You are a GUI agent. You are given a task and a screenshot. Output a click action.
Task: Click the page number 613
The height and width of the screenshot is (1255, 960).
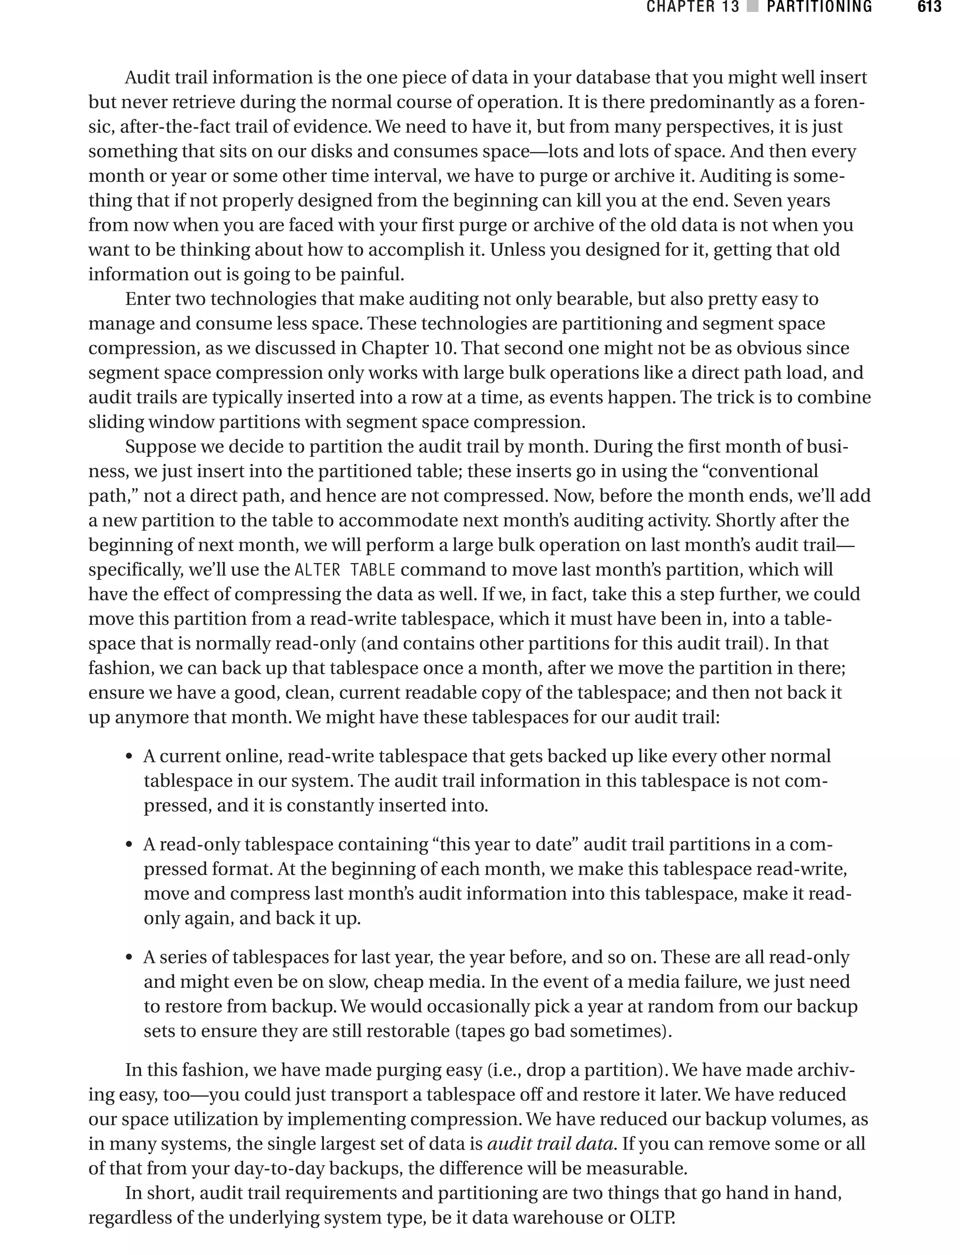tap(929, 7)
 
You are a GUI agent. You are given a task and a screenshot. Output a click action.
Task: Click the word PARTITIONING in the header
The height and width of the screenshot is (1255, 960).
tap(819, 7)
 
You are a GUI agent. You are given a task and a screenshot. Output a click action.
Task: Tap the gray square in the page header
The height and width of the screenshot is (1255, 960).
tap(752, 7)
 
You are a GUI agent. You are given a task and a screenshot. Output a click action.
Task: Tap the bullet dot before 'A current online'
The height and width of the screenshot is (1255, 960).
tap(130, 757)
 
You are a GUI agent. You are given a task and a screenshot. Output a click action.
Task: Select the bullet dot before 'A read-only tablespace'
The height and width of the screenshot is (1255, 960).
tap(130, 845)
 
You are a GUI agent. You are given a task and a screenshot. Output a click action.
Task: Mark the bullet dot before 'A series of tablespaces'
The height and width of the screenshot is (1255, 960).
tap(130, 958)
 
